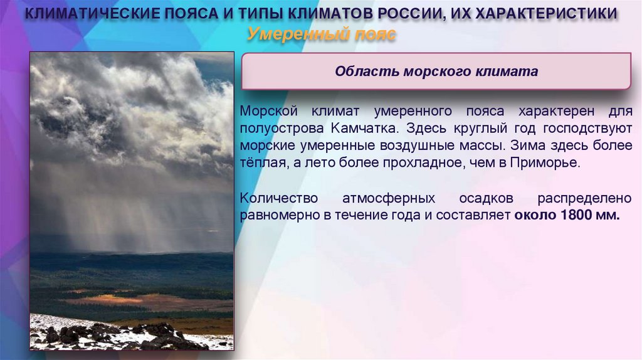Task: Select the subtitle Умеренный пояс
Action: pyautogui.click(x=321, y=34)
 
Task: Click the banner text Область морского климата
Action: pyautogui.click(x=436, y=71)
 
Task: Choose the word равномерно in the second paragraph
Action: pyautogui.click(x=271, y=215)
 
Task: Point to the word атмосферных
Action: pyautogui.click(x=388, y=198)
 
